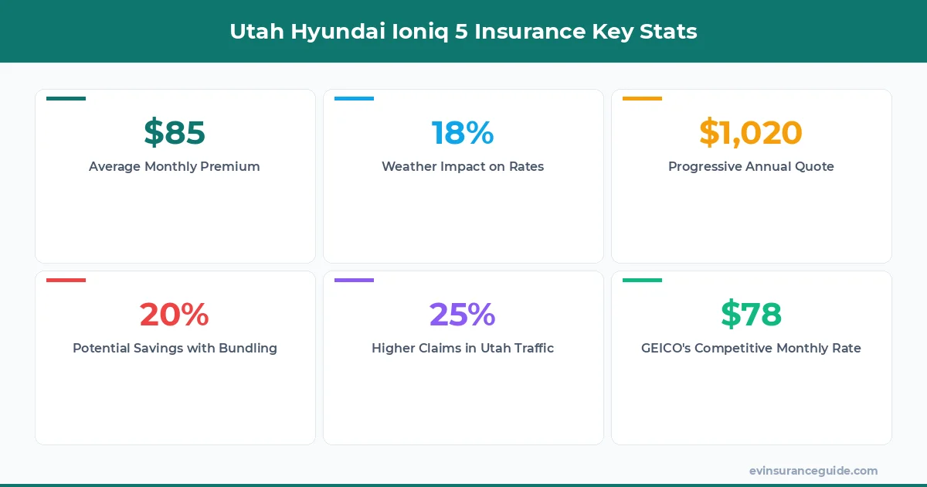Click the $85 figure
coord(175,132)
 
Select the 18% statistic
coord(463,132)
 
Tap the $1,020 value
coord(751,132)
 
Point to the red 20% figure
coord(175,314)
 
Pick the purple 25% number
coord(463,314)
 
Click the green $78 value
coord(751,314)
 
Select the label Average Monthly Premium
coord(175,166)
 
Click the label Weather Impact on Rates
coord(463,166)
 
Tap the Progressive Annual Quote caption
coord(751,166)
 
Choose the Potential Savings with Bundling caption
coord(175,348)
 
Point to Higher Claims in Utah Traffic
coord(463,348)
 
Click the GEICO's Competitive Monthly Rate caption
coord(751,348)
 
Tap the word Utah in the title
coord(252,32)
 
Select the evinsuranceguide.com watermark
coord(813,471)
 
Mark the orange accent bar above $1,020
coord(642,99)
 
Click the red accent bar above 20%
coord(66,281)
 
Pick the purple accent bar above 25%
coord(354,281)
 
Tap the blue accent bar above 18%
coord(354,99)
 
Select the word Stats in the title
coord(671,32)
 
